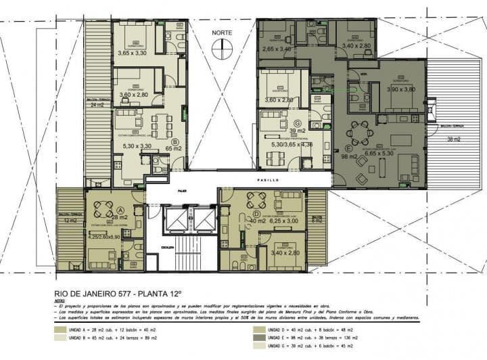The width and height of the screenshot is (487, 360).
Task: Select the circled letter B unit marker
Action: (175, 143)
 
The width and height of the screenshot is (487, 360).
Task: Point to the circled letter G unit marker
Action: (295, 122)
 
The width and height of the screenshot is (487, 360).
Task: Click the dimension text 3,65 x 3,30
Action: (133, 52)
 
